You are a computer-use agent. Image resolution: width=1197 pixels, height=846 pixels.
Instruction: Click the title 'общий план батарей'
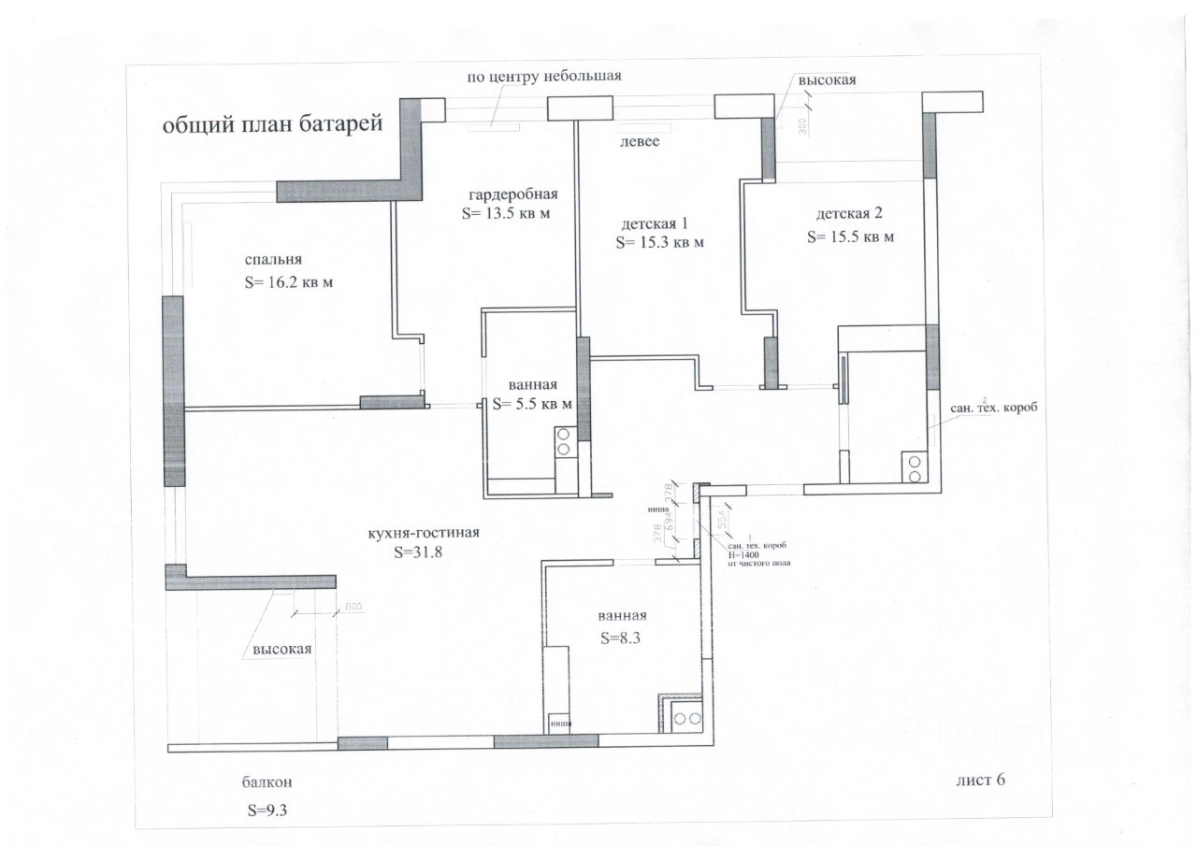coord(273,125)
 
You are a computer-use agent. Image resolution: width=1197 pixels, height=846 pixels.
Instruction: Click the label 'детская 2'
coord(848,214)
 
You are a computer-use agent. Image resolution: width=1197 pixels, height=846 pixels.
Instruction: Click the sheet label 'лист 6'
coord(981,780)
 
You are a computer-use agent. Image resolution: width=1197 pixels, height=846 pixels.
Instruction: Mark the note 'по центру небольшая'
coord(544,77)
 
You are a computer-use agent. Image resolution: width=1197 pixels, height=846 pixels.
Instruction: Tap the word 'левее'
coord(640,142)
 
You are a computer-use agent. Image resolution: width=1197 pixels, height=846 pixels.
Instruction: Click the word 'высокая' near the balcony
coord(281,649)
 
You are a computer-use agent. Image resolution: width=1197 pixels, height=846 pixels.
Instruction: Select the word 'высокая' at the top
coord(827,80)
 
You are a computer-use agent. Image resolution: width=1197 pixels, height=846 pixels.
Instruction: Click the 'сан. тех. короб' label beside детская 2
coord(995,409)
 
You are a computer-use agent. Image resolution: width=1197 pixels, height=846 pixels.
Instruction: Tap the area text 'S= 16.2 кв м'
coord(288,281)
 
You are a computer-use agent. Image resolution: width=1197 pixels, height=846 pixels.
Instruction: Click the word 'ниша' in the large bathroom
coord(561,723)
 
